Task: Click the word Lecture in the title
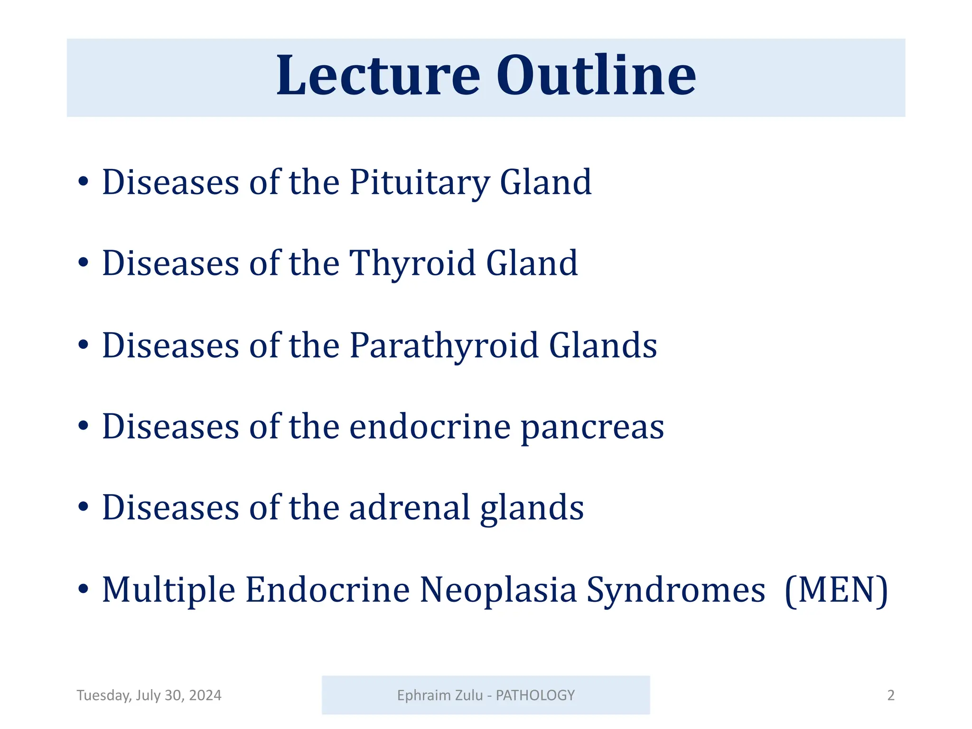click(x=378, y=76)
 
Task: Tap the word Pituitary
click(x=420, y=182)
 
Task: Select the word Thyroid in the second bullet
click(x=412, y=264)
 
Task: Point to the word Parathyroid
click(x=444, y=346)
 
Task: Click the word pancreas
click(x=592, y=427)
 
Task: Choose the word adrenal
click(x=410, y=508)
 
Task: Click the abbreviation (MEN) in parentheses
click(x=836, y=590)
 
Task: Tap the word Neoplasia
click(x=498, y=590)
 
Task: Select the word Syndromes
click(x=676, y=590)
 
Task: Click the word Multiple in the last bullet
click(x=168, y=590)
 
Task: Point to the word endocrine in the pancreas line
click(x=430, y=427)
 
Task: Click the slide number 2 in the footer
click(x=890, y=695)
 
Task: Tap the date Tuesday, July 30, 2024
click(x=149, y=695)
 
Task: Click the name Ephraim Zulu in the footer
click(x=439, y=695)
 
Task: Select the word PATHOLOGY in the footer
click(x=535, y=695)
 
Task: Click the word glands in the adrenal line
click(x=532, y=508)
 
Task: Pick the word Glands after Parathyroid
click(x=603, y=346)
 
